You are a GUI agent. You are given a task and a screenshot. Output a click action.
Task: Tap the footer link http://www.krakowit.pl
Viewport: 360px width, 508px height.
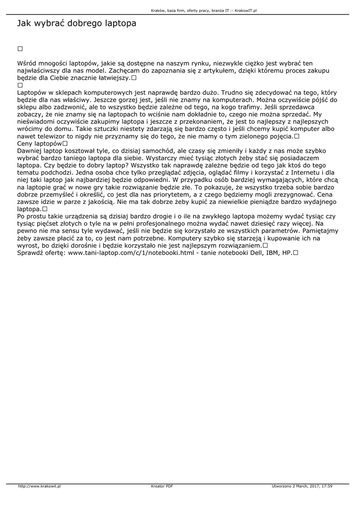(39, 486)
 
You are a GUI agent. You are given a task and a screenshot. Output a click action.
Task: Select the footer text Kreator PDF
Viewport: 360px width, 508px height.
(162, 486)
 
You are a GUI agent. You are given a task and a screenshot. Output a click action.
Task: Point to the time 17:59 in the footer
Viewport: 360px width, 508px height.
(327, 486)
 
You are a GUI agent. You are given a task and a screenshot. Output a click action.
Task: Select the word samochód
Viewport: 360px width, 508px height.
(161, 150)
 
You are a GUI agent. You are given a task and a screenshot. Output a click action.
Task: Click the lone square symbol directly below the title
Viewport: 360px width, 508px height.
(20, 49)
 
